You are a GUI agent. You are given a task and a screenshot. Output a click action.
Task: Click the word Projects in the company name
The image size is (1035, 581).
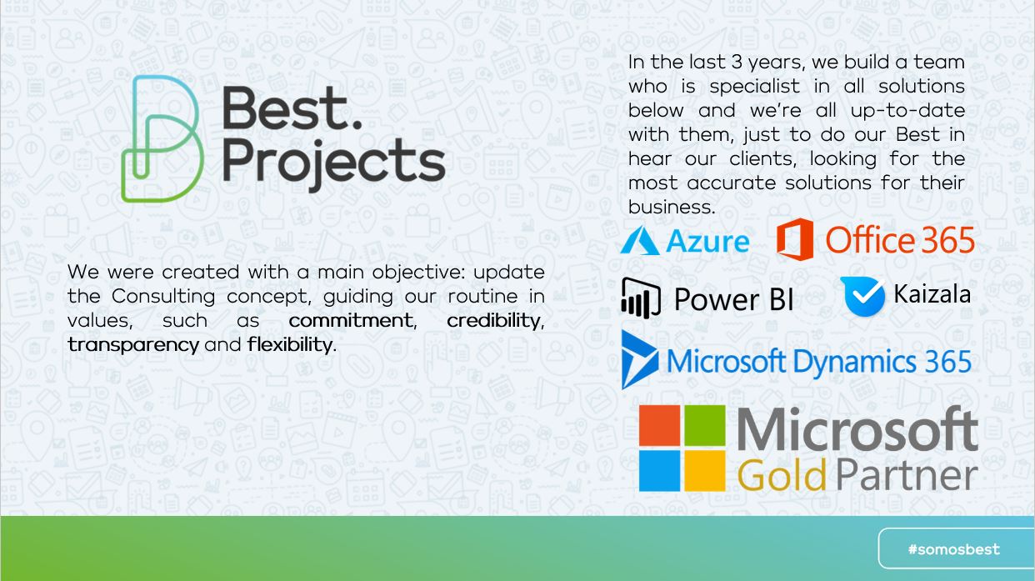tap(333, 163)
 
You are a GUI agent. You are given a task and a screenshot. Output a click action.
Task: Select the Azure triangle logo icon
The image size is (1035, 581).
tap(639, 240)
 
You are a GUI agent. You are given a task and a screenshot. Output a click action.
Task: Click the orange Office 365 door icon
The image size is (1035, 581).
tap(795, 239)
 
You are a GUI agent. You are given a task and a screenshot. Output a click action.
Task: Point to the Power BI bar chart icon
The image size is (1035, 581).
tap(640, 298)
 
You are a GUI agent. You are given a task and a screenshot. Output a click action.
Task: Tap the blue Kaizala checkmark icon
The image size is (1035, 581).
tap(863, 297)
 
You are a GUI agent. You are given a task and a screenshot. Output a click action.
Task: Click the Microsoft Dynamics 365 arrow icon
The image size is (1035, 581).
tap(639, 359)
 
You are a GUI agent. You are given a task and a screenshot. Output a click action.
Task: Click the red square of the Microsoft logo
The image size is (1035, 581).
tap(659, 425)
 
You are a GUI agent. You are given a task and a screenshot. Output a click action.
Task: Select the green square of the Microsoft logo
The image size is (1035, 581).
tap(705, 425)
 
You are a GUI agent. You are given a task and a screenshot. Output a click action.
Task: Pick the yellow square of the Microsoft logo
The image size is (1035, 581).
tap(705, 470)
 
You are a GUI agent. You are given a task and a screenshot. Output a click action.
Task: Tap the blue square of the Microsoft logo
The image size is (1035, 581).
tap(659, 470)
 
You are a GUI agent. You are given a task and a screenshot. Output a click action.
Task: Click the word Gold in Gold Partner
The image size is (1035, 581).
tap(782, 475)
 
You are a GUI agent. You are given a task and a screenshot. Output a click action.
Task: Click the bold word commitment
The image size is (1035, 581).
tap(351, 320)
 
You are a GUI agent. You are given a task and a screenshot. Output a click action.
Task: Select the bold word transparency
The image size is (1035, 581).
tap(133, 345)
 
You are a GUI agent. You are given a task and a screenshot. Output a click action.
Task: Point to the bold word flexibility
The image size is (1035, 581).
tap(290, 344)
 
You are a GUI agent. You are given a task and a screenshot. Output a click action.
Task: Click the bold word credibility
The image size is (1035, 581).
tap(493, 321)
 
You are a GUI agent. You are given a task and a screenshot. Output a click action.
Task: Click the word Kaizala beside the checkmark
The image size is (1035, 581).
tap(932, 294)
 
